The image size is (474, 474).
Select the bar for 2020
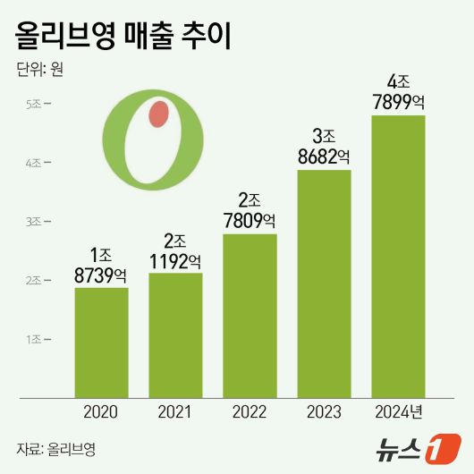101,342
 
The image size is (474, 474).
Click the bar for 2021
175,334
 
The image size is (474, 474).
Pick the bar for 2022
250,315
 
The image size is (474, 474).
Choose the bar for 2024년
398,256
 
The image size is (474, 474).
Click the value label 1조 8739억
101,266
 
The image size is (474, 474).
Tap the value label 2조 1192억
175,251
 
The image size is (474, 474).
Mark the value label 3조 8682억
324,147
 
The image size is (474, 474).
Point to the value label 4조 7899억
398,93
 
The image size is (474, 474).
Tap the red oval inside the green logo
158,114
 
